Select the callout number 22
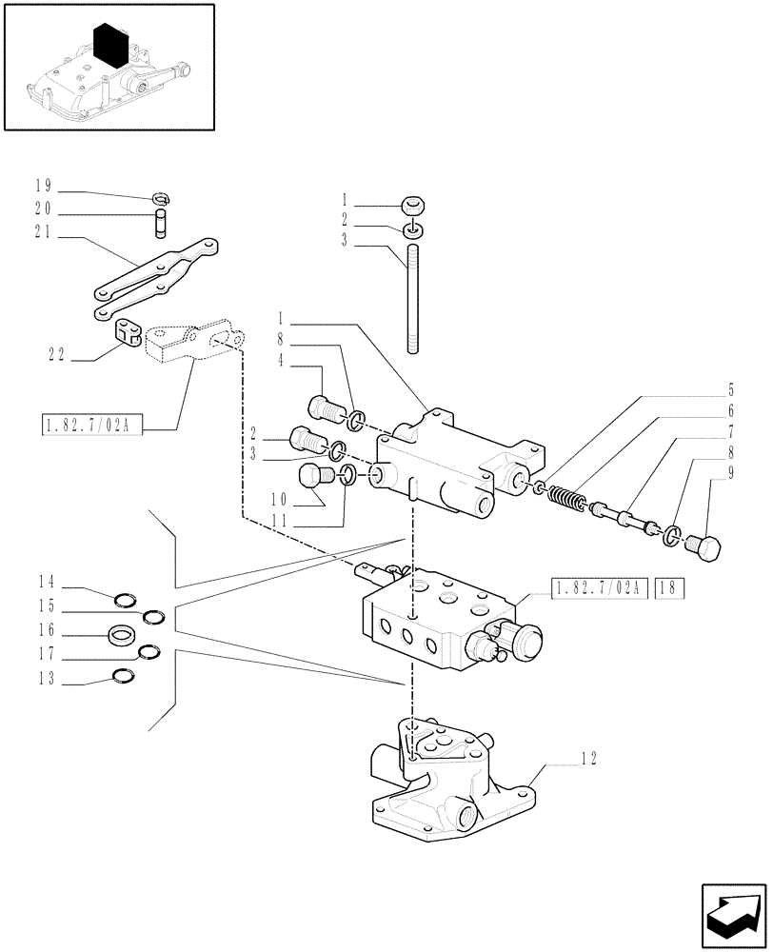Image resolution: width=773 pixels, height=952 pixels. click(56, 354)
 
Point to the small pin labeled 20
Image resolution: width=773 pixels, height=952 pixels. click(162, 228)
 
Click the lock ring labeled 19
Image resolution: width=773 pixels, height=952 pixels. click(161, 199)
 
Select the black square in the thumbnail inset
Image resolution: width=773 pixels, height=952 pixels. click(112, 44)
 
